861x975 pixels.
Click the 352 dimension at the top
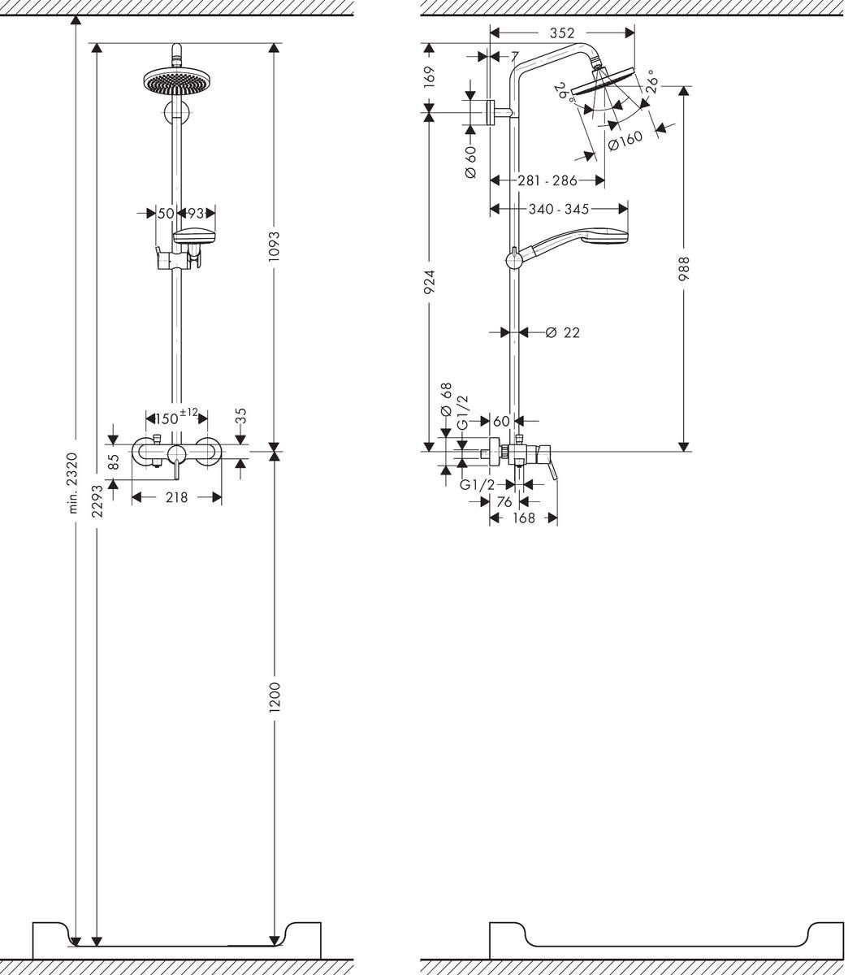[x=561, y=33]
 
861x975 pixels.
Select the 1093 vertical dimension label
[x=275, y=246]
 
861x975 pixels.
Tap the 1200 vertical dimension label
[x=275, y=698]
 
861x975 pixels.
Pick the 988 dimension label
[x=684, y=269]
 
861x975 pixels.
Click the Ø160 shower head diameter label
[x=625, y=142]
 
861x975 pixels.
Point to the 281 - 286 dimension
[x=547, y=180]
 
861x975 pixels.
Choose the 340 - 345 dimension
[x=559, y=209]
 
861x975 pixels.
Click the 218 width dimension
[x=176, y=497]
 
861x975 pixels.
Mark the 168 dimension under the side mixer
[x=524, y=518]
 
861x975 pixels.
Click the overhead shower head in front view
[x=176, y=80]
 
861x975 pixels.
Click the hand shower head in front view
[x=195, y=237]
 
